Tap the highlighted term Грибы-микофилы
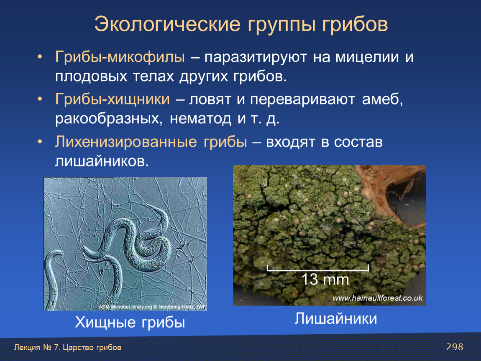click(x=120, y=57)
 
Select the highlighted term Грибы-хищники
click(x=112, y=99)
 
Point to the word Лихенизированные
click(x=126, y=142)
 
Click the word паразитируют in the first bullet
click(x=256, y=57)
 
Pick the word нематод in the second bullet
click(x=200, y=118)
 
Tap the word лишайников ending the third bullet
click(x=102, y=161)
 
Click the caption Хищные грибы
click(x=130, y=323)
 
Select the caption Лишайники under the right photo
click(x=335, y=318)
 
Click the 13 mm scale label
click(x=325, y=280)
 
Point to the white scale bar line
click(x=318, y=270)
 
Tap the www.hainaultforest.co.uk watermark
click(x=377, y=298)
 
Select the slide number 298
click(x=455, y=347)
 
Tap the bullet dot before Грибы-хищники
click(x=40, y=99)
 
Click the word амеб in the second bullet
click(x=382, y=99)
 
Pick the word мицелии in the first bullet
click(x=367, y=57)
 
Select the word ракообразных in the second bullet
click(x=109, y=119)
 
